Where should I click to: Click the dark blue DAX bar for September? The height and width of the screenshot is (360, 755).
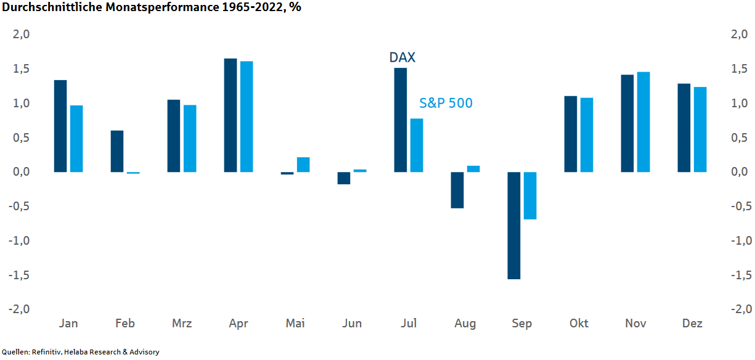tap(514, 226)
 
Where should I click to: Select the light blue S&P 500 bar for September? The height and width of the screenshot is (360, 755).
tap(530, 195)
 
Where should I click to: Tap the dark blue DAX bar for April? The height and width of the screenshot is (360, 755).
tap(231, 115)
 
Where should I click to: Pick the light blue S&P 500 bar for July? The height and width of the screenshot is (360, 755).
tap(417, 145)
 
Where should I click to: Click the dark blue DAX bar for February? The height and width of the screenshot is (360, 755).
tap(117, 151)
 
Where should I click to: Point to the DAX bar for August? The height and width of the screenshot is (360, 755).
tap(457, 190)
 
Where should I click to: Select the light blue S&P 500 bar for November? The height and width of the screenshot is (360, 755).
tap(643, 122)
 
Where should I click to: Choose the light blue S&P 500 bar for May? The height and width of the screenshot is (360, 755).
tap(303, 165)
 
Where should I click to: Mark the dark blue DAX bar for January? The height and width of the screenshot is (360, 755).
tap(60, 126)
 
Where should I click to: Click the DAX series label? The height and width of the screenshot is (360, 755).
tap(402, 57)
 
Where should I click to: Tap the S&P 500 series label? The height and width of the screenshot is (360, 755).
tap(446, 103)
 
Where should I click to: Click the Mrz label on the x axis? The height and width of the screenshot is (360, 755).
tap(182, 324)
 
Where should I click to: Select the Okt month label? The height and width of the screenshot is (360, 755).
tap(579, 324)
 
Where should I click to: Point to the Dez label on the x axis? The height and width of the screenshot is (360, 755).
tap(692, 324)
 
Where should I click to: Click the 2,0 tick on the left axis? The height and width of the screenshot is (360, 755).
tap(22, 35)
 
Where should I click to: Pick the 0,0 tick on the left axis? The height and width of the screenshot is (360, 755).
tap(22, 172)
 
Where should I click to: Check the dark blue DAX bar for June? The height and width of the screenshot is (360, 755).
tap(344, 178)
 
